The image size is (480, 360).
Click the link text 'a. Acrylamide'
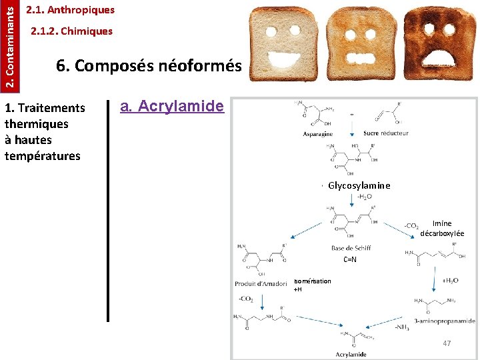point(172,106)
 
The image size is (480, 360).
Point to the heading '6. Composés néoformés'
point(149,66)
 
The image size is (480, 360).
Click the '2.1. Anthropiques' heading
point(70,10)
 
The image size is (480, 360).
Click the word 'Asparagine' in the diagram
point(318,134)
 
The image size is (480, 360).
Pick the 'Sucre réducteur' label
point(385,133)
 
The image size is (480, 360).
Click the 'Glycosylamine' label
point(359,185)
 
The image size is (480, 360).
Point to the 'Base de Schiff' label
point(351,248)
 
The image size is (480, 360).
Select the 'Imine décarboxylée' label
point(442,229)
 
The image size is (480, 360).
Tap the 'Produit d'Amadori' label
point(261,284)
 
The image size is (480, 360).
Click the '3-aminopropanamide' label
point(444,321)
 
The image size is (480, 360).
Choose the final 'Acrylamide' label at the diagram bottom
point(351,354)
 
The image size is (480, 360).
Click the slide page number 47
point(447,343)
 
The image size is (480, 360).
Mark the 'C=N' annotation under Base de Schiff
point(350,259)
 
